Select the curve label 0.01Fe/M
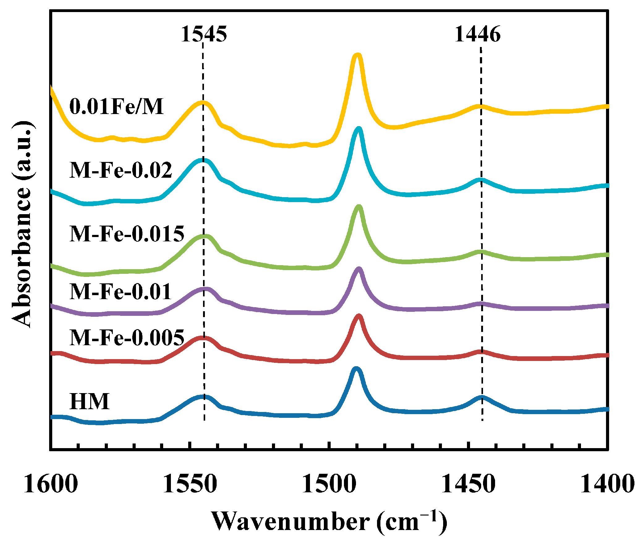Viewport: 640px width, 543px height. [x=117, y=106]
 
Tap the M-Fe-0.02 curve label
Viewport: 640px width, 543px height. [x=121, y=170]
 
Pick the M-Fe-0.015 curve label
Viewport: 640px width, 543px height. [x=127, y=234]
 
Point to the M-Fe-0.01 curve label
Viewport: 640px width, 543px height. [x=121, y=291]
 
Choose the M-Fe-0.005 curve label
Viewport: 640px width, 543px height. [x=127, y=337]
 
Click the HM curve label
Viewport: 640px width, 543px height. [x=90, y=401]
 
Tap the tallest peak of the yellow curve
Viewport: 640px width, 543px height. [x=357, y=56]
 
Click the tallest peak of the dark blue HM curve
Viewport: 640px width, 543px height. [x=356, y=369]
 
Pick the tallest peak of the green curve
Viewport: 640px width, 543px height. [x=358, y=207]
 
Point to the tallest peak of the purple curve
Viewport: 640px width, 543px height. [x=358, y=269]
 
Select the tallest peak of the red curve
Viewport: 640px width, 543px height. [x=358, y=316]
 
